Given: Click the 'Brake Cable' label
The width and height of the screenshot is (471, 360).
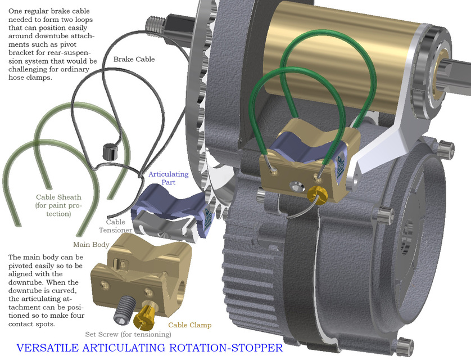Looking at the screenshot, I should pyautogui.click(x=134, y=59).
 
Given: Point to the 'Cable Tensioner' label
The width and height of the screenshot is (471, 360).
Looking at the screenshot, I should pyautogui.click(x=115, y=226).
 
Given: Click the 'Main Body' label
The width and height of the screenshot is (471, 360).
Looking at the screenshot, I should pyautogui.click(x=92, y=245).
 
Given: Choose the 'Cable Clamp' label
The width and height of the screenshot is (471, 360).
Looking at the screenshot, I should pyautogui.click(x=190, y=325).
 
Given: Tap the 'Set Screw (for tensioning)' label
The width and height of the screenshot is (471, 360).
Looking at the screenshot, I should pyautogui.click(x=128, y=334).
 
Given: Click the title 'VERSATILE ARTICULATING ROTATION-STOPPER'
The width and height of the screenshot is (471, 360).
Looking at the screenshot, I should pyautogui.click(x=150, y=348).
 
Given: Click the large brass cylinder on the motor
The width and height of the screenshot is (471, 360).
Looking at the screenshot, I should pyautogui.click(x=348, y=62).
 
